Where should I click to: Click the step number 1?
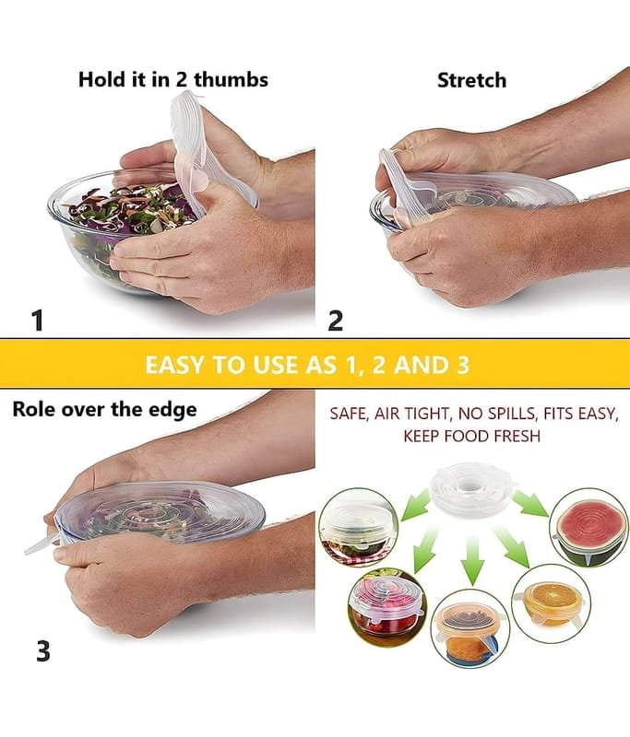(38, 320)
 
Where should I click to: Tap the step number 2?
(335, 321)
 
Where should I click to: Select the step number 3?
(43, 651)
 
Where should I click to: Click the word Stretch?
(471, 80)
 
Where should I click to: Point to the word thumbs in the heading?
(231, 79)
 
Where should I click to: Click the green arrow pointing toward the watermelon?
(530, 503)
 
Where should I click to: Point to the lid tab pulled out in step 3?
(42, 545)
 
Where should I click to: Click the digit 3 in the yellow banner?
(462, 365)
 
